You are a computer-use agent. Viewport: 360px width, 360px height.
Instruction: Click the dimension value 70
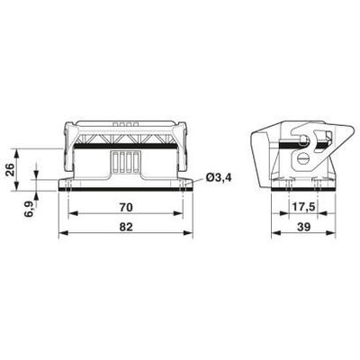(x=126, y=207)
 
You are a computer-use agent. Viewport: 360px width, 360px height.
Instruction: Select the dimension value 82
(x=126, y=227)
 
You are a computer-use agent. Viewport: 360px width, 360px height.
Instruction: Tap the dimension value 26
(x=10, y=170)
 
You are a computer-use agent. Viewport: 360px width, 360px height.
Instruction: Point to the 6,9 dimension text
(x=30, y=209)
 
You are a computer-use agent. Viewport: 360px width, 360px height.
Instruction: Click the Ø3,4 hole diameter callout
(x=219, y=177)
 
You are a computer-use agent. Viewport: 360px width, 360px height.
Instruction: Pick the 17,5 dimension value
(x=303, y=207)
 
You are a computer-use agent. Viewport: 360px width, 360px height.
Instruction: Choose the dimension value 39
(x=303, y=227)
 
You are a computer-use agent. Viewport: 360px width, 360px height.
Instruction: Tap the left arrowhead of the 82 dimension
(x=63, y=233)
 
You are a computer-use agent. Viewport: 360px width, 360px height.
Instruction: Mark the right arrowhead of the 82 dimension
(x=188, y=233)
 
